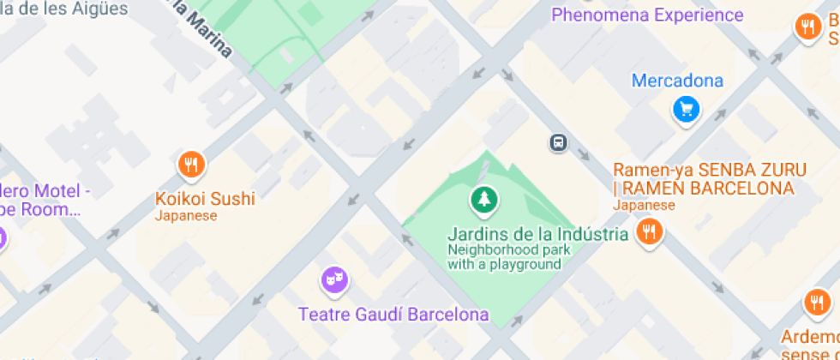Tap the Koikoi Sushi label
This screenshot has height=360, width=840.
pos(205,199)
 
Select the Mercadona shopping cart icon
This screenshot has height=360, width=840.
pos(686,109)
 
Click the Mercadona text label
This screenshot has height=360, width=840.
pos(677,81)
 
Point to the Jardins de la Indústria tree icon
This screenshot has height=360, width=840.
pos(484,201)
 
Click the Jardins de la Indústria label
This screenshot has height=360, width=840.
pos(537,233)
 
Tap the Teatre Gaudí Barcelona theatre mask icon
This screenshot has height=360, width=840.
pos(333,279)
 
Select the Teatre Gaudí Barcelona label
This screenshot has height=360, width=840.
pos(393,315)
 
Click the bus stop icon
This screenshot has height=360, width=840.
pos(558,142)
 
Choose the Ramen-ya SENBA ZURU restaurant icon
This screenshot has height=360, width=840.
pos(650,231)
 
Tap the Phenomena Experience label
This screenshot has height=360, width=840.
pos(647,15)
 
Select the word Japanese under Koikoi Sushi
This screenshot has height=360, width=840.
pos(186,216)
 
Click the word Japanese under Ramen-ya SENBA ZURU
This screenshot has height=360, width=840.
pos(644,206)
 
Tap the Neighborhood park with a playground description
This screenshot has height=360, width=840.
pos(504,257)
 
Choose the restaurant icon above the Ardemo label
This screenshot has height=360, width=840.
pos(816,303)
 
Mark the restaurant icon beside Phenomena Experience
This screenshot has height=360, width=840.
pos(807,27)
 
